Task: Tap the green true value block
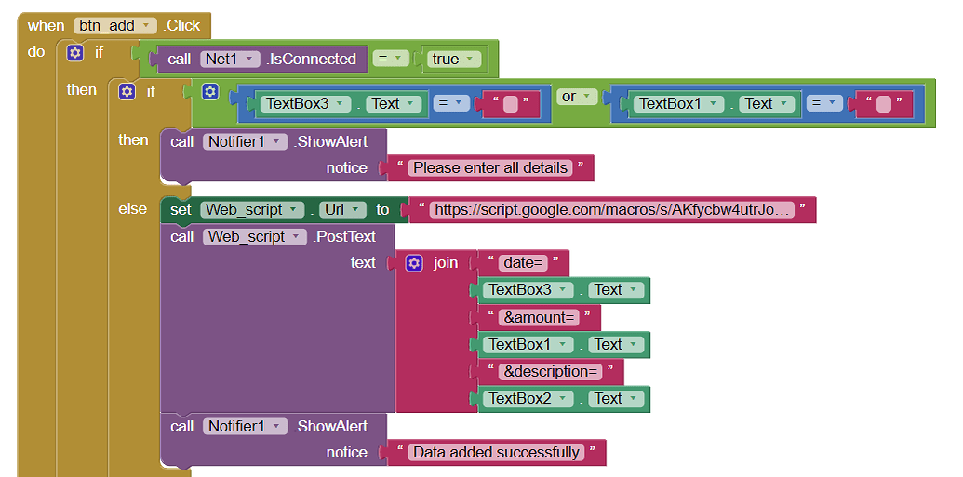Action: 452,59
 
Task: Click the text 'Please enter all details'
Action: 489,168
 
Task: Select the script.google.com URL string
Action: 612,210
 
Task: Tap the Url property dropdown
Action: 339,210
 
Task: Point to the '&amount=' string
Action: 538,318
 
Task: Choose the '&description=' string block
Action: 549,372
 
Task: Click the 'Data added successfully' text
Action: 496,453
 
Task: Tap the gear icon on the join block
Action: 414,263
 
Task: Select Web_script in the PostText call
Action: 254,237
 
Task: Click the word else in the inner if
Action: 132,209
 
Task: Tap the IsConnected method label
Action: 311,59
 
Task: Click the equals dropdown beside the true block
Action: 393,59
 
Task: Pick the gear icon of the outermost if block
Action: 75,53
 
